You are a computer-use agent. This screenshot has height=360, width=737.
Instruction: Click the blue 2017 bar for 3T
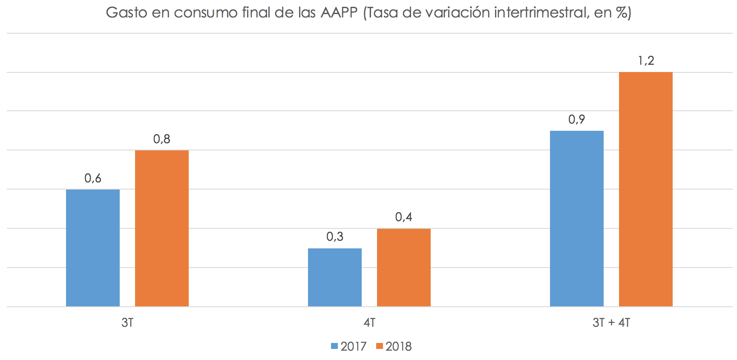[93, 248]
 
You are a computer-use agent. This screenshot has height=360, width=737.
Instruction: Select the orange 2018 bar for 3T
[162, 228]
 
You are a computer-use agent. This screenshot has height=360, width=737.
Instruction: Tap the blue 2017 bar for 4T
[335, 277]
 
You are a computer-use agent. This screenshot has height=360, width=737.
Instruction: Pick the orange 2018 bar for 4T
[404, 267]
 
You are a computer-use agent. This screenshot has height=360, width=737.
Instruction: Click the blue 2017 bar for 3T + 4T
[577, 218]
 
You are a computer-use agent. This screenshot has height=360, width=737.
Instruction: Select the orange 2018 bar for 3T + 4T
[646, 189]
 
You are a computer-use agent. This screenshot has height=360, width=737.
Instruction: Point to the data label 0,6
[93, 178]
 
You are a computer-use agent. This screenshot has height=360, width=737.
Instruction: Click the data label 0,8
[162, 139]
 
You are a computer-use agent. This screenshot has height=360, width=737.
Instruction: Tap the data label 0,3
[335, 236]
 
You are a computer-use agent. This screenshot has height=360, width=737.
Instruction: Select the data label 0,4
[404, 217]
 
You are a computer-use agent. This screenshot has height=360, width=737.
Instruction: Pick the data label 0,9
[577, 119]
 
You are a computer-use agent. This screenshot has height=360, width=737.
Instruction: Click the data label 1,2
[646, 61]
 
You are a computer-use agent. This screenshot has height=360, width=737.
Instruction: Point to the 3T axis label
[127, 323]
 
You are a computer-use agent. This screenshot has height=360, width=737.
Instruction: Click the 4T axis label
[369, 323]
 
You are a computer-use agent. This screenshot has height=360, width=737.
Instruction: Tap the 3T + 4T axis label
[611, 323]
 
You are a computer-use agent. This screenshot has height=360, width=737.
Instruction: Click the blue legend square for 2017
[334, 346]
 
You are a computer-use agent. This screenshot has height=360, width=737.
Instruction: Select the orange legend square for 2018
[380, 346]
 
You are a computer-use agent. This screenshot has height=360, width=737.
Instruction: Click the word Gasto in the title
[127, 12]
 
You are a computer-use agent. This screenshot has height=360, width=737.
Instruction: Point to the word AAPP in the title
[339, 12]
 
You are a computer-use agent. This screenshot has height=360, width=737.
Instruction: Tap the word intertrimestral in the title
[541, 12]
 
